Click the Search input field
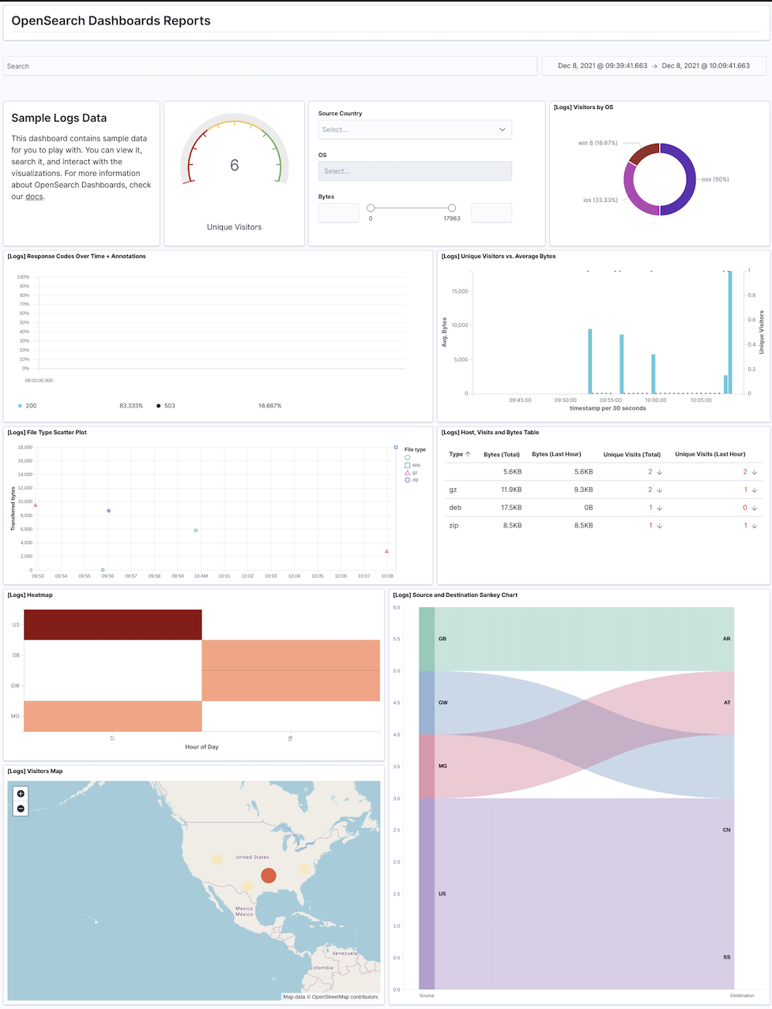269,66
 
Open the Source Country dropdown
415,129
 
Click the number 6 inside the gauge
234,165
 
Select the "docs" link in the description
34,197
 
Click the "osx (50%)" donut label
715,179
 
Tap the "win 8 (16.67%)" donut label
597,143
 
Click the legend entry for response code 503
169,406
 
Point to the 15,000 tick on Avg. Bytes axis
459,291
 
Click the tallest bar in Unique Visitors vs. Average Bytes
729,332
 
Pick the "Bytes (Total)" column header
501,454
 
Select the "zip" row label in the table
454,526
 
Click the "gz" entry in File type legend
414,473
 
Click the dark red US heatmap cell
113,625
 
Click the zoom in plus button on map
21,793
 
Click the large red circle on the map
269,875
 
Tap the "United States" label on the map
252,857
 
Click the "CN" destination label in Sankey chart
726,830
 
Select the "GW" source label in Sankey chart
442,703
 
